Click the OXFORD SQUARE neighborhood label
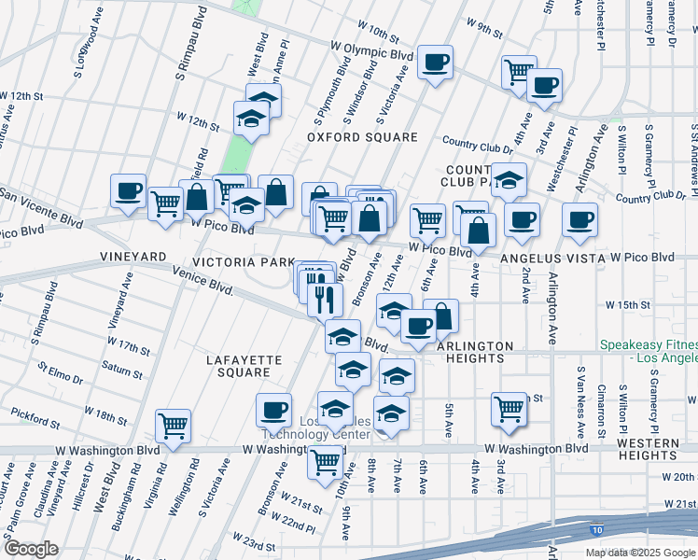(363, 137)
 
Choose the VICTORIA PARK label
(244, 262)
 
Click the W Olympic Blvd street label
(370, 49)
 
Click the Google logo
(30, 549)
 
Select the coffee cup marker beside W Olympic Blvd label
(435, 63)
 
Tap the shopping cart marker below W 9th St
(518, 72)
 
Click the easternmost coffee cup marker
(579, 220)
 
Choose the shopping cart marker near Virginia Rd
(173, 426)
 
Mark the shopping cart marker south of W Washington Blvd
(326, 460)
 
